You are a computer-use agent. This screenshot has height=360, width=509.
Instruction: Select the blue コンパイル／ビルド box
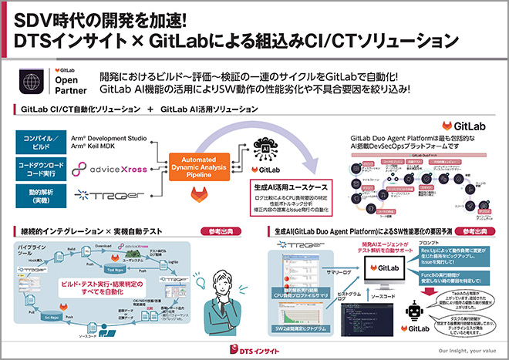pos(43,141)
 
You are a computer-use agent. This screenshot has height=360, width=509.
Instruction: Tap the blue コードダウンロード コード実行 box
pos(43,168)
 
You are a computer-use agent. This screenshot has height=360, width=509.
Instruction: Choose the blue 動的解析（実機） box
pos(43,195)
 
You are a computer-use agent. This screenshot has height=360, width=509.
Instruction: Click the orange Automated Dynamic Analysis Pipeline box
pos(204,164)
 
